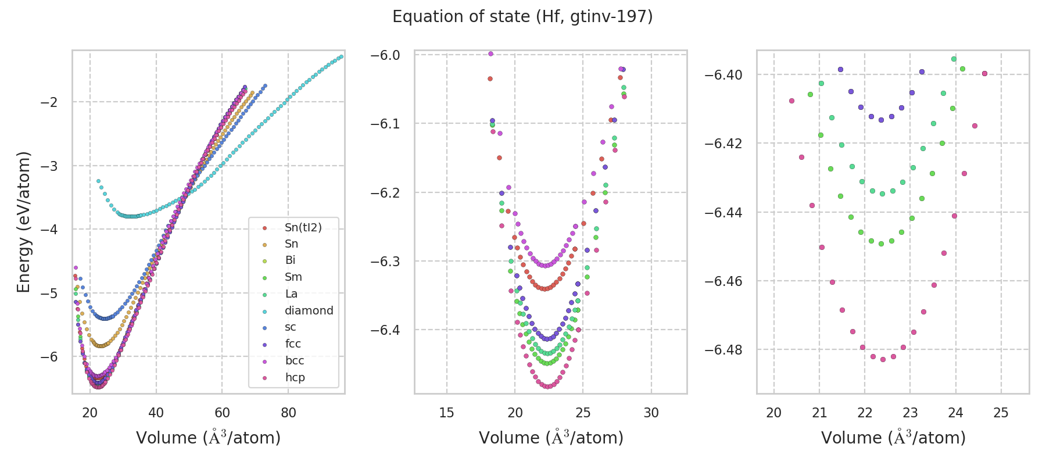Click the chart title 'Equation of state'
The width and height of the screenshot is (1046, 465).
[x=522, y=17]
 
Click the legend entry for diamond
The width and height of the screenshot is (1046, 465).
[x=309, y=310]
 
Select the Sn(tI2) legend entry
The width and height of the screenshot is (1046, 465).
[x=303, y=227]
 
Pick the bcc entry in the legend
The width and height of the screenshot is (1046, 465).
[x=295, y=360]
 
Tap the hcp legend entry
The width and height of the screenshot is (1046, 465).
[x=295, y=377]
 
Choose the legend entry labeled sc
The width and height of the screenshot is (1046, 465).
[x=291, y=327]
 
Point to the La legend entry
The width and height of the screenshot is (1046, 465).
[x=291, y=294]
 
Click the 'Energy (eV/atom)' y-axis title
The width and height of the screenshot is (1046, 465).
[x=23, y=221]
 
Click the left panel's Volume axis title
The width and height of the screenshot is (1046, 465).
[x=208, y=438]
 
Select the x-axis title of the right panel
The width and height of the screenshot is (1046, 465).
[x=893, y=438]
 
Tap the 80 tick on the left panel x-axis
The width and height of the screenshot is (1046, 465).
[x=288, y=413]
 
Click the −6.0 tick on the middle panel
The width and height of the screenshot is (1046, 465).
[x=385, y=55]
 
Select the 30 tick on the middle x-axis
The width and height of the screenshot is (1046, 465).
[x=651, y=413]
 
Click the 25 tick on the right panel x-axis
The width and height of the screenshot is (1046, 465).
[x=1001, y=413]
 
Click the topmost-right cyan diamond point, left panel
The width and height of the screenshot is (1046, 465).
[x=341, y=56]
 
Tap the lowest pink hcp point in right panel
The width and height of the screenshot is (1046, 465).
[x=883, y=359]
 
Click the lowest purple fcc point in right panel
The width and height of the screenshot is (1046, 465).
[x=881, y=120]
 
